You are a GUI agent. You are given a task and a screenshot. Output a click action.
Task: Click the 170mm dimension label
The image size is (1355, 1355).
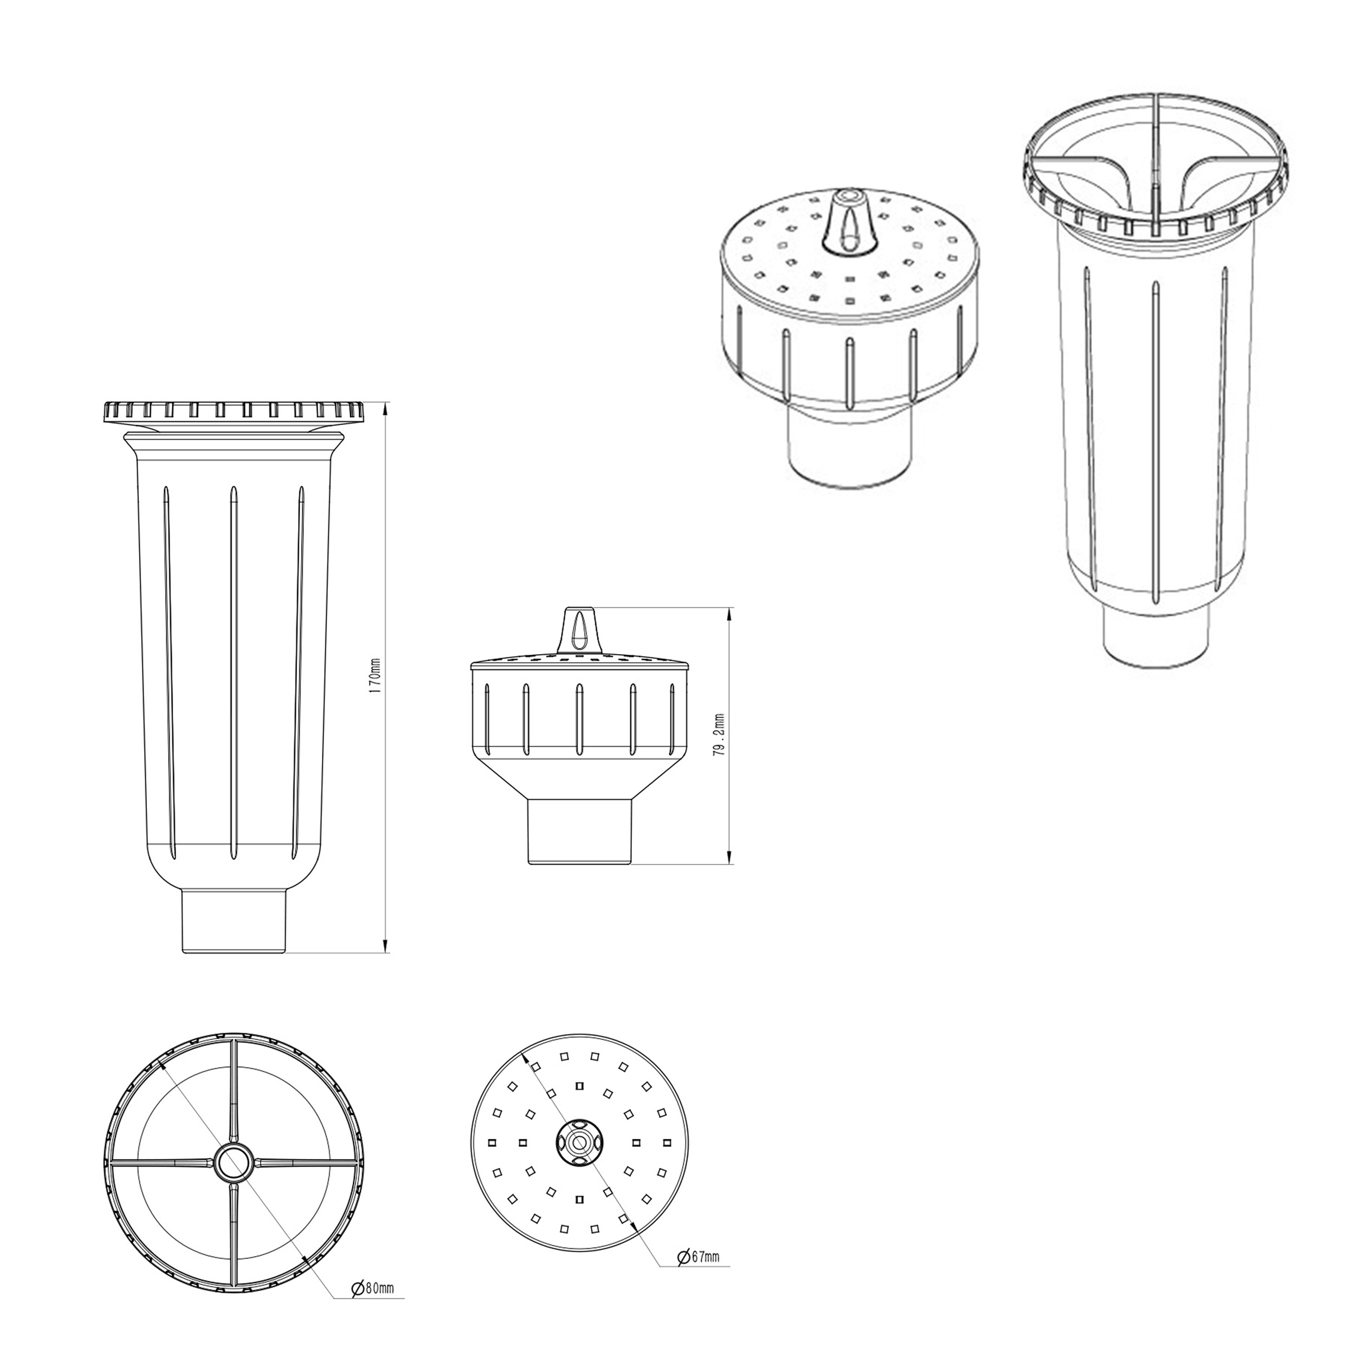(x=375, y=676)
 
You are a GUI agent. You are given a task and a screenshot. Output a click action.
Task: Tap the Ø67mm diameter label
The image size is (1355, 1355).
(x=698, y=1256)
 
